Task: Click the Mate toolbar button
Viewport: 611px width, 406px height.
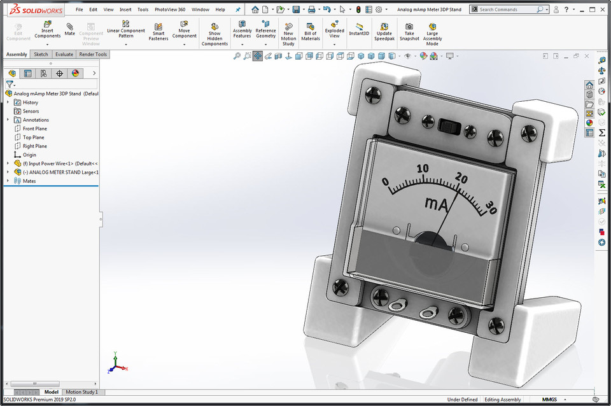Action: coord(69,29)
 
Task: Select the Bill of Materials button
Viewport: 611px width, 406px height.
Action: coord(311,31)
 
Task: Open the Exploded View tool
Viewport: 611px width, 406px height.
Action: coord(334,31)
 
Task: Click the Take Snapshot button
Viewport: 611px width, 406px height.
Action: coord(409,31)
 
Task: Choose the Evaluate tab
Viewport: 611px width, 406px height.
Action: coord(64,55)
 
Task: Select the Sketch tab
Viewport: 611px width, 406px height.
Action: coord(41,55)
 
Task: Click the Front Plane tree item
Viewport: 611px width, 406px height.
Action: coord(34,129)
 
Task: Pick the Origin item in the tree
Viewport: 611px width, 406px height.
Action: coord(29,155)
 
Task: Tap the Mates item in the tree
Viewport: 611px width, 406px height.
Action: coord(29,181)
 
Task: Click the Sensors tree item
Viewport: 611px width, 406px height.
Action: coord(31,111)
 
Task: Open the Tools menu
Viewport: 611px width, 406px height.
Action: coord(143,10)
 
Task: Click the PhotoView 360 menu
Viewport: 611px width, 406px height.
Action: coord(170,10)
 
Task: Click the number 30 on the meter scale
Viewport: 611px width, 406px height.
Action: coord(491,206)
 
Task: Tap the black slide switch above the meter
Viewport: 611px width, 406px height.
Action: coord(449,126)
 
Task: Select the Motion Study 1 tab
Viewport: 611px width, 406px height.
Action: coord(82,392)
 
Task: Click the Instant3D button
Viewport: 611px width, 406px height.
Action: coord(359,29)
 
